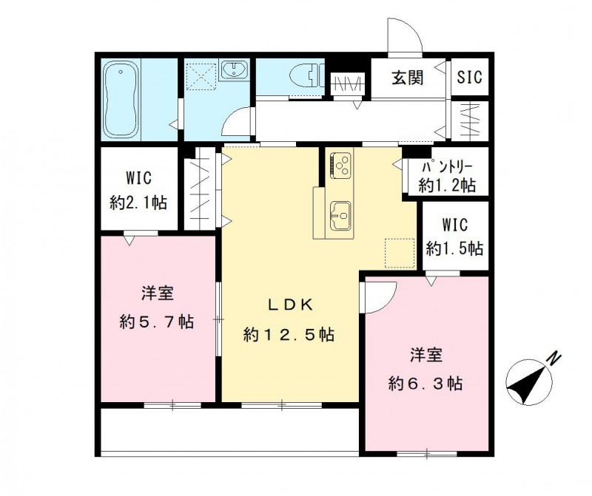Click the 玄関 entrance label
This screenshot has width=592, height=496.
click(407, 77)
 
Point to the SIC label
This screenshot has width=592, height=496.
click(468, 77)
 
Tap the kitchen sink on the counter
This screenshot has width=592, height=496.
click(340, 217)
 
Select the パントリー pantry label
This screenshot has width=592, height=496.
click(447, 169)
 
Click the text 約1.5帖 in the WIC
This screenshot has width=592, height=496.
click(454, 248)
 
